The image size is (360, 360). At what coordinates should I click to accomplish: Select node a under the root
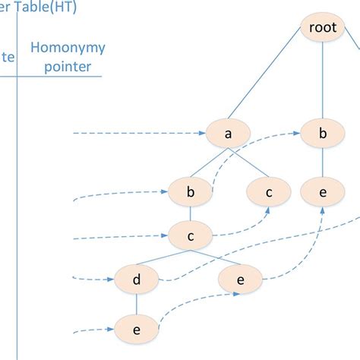[228, 134]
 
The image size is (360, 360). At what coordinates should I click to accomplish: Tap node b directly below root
[323, 134]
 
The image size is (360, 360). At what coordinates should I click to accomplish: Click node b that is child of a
[191, 193]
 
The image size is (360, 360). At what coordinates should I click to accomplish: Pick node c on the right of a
[268, 193]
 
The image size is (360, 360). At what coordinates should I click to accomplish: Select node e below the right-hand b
[323, 193]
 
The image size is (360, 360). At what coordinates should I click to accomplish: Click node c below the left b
[191, 235]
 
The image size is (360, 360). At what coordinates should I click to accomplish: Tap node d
[137, 279]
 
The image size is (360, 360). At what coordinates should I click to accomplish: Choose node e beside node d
[240, 279]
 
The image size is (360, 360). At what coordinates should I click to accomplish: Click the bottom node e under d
[137, 329]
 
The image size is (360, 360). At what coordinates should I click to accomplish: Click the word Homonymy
[68, 49]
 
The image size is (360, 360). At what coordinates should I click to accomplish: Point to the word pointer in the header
[67, 67]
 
